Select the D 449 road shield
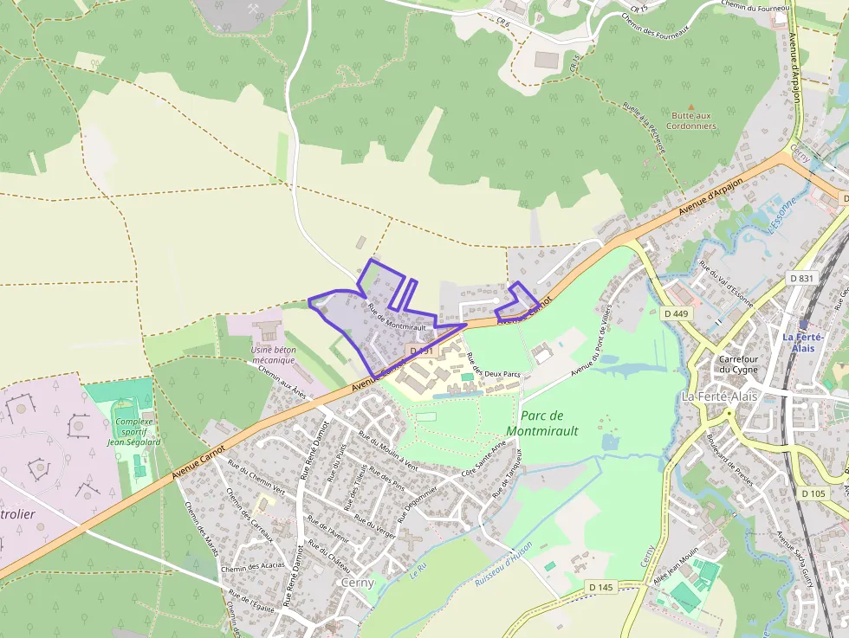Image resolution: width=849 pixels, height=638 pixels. click(677, 313)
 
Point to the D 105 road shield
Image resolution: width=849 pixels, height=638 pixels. click(813, 493)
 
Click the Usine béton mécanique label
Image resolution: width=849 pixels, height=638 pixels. click(273, 356)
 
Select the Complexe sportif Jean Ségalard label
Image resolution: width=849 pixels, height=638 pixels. click(133, 432)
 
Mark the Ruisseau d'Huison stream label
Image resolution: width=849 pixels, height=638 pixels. click(503, 570)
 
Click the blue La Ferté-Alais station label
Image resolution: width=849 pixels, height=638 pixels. click(802, 342)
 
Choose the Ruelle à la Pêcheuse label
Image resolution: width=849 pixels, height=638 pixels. click(644, 128)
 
